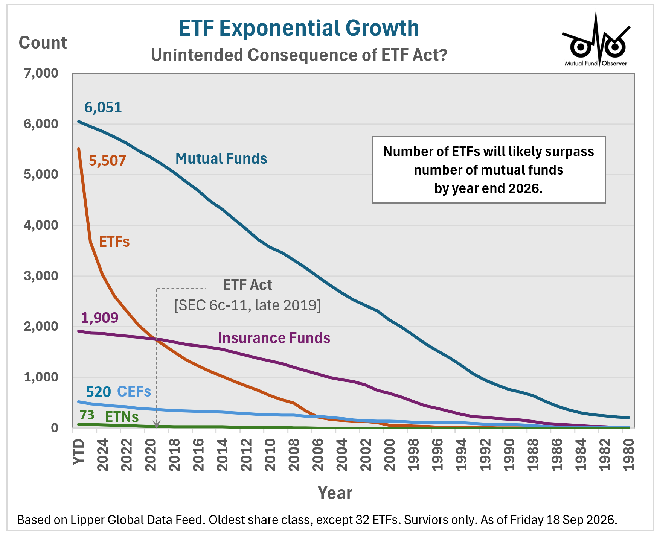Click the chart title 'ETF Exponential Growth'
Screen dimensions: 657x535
pos(299,28)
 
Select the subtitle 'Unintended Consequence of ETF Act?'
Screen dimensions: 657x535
pos(299,55)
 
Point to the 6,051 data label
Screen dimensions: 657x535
pos(103,108)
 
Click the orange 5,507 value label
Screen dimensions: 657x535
pos(107,161)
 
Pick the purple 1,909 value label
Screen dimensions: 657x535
pos(100,318)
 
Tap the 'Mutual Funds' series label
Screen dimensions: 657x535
pos(221,158)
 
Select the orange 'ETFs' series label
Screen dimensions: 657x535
pos(114,242)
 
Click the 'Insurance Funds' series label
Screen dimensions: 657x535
pos(274,338)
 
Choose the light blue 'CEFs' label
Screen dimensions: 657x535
pos(134,392)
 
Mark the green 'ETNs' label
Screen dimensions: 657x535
pos(122,417)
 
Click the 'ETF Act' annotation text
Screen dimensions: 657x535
pos(247,285)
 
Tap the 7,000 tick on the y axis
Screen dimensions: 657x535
pos(41,73)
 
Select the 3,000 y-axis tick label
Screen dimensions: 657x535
pos(41,276)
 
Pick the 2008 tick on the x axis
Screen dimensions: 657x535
pos(294,454)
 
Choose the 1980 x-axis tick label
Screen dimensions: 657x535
pos(628,454)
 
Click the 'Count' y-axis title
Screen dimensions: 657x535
pos(43,43)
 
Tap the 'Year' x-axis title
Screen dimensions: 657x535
pos(335,493)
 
